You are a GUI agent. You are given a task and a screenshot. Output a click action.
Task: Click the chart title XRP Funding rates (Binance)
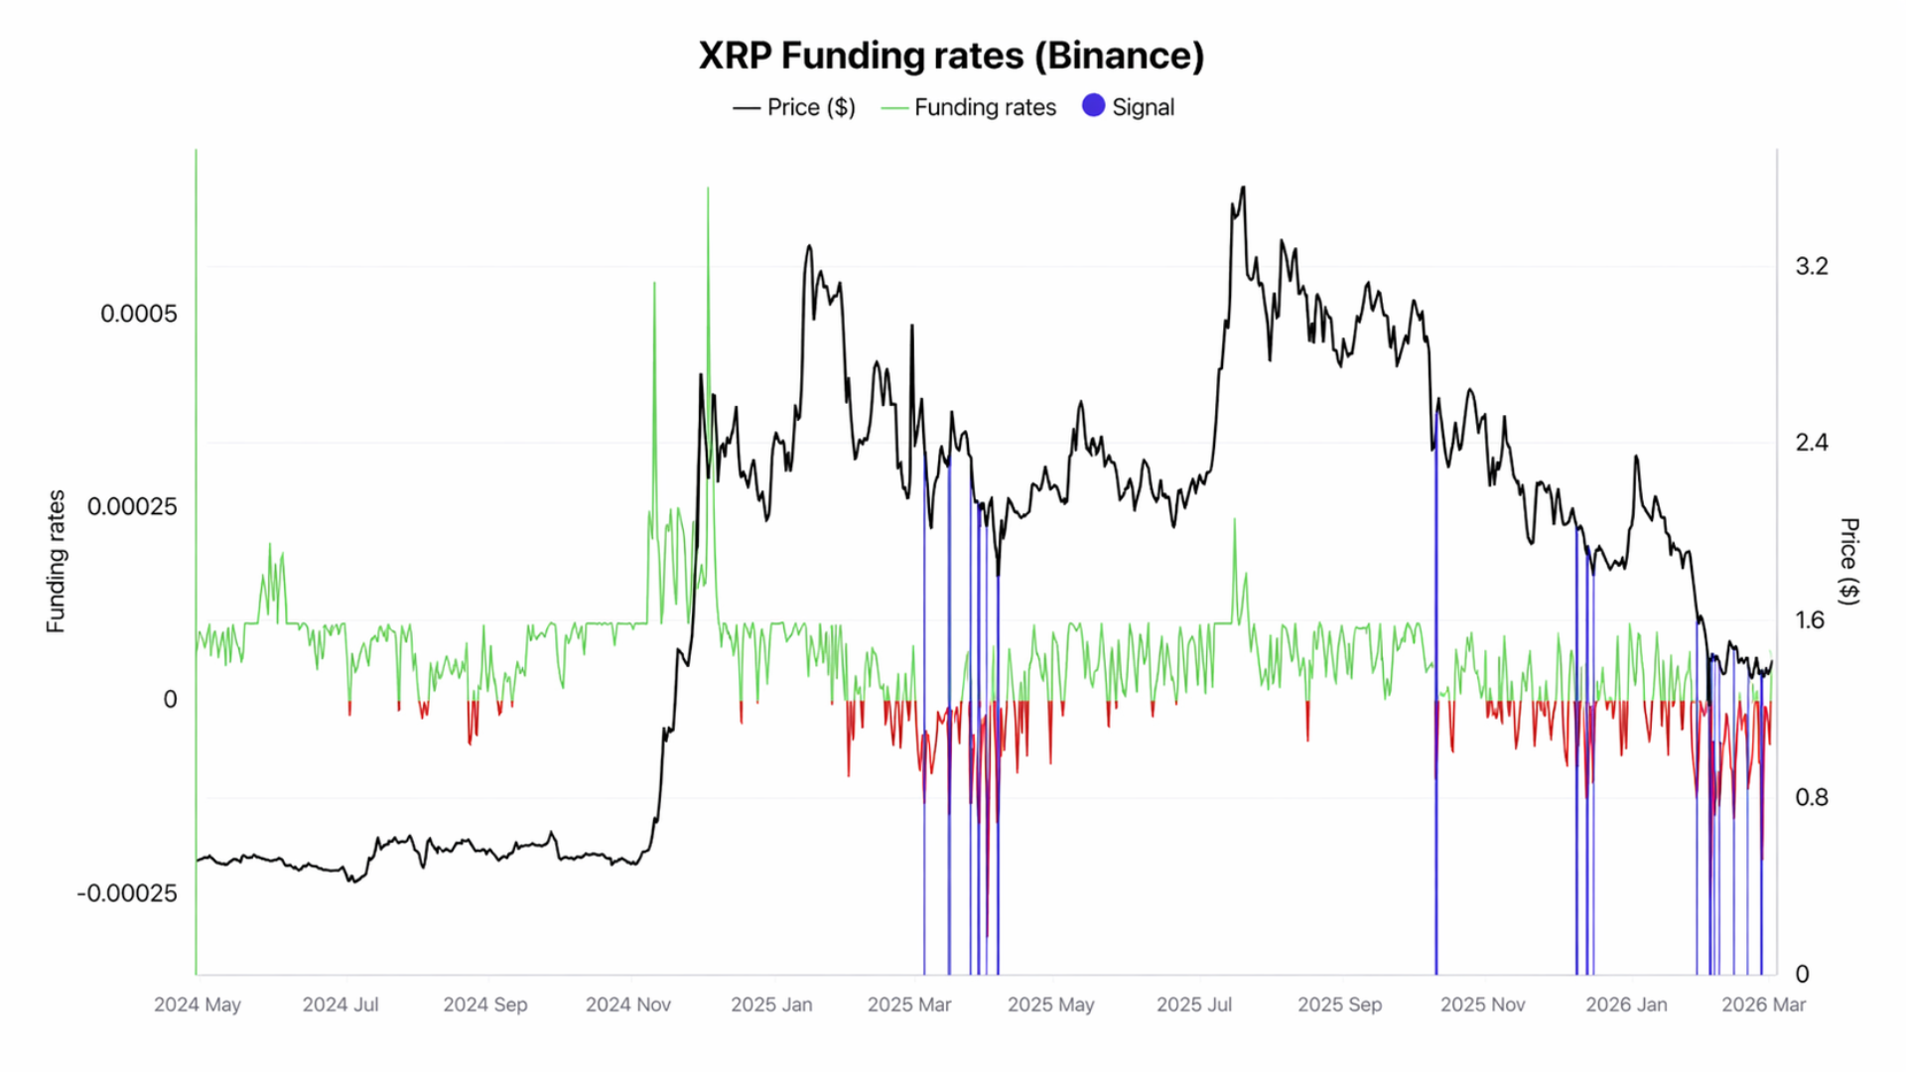coord(951,56)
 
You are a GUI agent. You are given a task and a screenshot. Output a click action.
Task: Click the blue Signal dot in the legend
coord(1093,106)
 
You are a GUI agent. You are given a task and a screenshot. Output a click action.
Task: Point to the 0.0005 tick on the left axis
coord(138,314)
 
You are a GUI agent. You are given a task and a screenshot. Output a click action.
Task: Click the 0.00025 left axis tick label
coord(132,506)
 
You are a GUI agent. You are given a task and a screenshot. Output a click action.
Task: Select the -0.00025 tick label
coord(127,893)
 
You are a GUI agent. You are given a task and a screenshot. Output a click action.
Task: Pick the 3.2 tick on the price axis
coord(1812,266)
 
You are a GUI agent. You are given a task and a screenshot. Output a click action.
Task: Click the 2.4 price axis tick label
coord(1812,443)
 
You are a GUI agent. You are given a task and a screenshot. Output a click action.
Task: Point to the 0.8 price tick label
coord(1812,797)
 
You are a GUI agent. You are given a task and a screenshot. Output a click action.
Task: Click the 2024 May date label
coord(198,1005)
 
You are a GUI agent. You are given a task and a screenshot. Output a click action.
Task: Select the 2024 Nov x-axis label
coord(628,1005)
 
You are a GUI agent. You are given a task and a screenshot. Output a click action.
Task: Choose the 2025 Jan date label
coord(771,1005)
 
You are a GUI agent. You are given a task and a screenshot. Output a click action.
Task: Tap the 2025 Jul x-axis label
coord(1194,1005)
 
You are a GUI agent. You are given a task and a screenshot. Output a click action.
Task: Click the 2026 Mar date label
coord(1764,1005)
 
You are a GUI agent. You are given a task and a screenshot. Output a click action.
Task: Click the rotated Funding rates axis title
coord(56,561)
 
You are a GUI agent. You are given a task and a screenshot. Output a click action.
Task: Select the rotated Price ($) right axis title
coord(1849,561)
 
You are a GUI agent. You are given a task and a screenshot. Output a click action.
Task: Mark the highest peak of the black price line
coord(1243,188)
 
